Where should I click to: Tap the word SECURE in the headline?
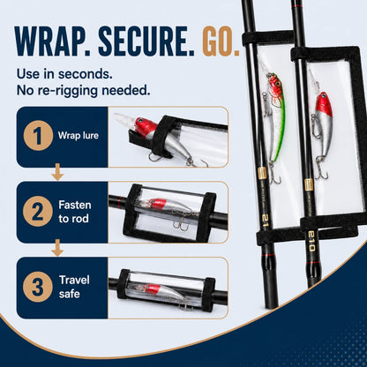pos(146,41)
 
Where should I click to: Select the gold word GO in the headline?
pos(221,41)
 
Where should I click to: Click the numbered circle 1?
pos(38,136)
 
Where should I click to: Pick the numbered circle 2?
pos(38,212)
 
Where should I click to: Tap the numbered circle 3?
pos(38,287)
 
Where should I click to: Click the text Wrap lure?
pos(79,136)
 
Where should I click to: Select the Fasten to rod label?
pos(75,212)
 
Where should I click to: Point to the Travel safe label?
pos(74,287)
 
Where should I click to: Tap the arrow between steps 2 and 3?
pos(57,248)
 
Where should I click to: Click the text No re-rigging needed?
pos(83,90)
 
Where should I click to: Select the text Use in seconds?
pos(64,74)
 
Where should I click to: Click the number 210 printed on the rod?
pos(311,241)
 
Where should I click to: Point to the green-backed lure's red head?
pos(275,85)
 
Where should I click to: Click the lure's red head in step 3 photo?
pos(153,288)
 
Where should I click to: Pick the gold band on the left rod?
pos(262,174)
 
